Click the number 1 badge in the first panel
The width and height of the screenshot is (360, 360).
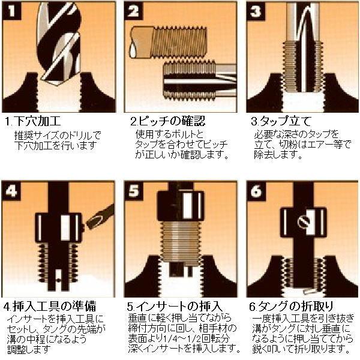12,11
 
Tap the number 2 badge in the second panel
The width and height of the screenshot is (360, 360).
133,11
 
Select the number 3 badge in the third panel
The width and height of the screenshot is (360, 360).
256,11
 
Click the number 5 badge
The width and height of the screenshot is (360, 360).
133,191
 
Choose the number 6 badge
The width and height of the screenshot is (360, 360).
256,191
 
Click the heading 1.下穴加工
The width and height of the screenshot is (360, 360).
33,121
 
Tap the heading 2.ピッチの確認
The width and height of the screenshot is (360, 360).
167,121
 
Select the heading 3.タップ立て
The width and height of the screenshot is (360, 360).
281,121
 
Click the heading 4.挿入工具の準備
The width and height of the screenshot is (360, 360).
50,306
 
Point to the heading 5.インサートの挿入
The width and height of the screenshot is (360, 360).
175,306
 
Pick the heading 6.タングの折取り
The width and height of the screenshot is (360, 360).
291,306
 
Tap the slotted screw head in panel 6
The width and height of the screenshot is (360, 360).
304,222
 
